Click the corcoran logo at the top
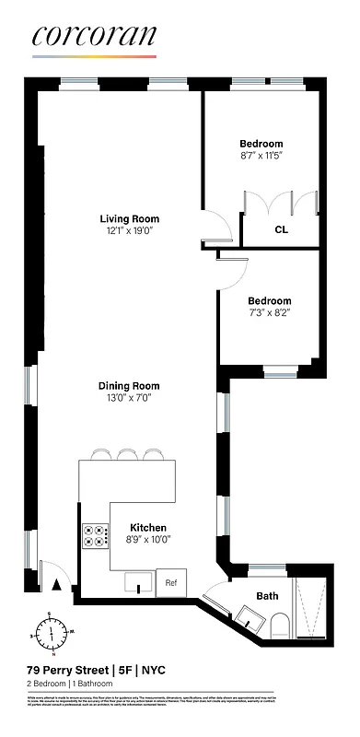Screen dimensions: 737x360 coord(94,36)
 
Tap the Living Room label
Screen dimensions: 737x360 coord(130,219)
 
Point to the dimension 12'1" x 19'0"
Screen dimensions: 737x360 coord(130,231)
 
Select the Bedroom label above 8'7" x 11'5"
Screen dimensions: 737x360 coord(261,144)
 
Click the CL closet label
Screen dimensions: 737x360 coord(281,230)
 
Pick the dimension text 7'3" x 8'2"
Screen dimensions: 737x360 coord(269,313)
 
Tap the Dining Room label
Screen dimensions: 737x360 coord(130,386)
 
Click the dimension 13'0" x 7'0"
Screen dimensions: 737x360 coord(130,398)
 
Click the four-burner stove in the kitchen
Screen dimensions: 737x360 coord(96,536)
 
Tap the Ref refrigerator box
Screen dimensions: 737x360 coord(171,582)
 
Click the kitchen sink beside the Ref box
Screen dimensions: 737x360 coord(140,582)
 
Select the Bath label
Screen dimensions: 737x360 coord(267,596)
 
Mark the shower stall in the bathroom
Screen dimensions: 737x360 coord(309,607)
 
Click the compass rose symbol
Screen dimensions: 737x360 coord(52,633)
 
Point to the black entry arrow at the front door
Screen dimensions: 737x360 coord(58,582)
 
